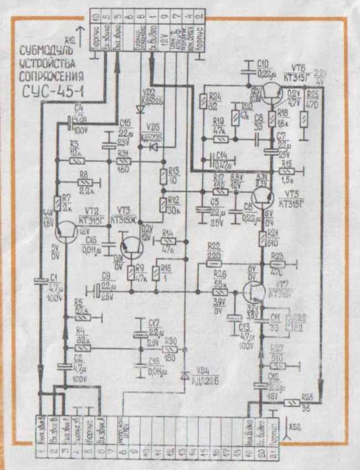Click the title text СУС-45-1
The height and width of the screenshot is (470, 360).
coord(52,89)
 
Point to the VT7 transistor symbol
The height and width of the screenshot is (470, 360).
coord(254,292)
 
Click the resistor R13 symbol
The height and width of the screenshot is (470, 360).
coord(163,177)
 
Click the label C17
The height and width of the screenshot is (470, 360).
coord(153,323)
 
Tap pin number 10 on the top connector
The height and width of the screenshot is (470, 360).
coord(95,19)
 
